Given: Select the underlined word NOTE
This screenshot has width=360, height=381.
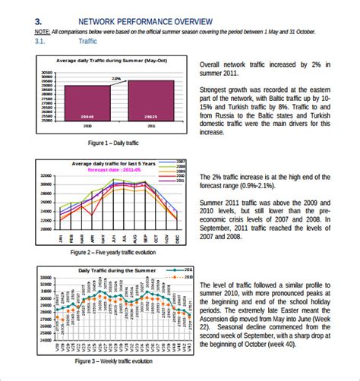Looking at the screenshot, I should click(x=42, y=32).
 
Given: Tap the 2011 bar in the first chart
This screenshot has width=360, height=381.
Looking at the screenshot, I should click(x=150, y=102).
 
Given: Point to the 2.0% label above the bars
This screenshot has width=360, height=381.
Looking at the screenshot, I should click(x=116, y=78).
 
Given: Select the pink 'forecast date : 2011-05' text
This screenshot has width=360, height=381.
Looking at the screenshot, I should click(x=114, y=171).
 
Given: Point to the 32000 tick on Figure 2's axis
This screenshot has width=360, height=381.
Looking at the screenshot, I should click(x=46, y=175).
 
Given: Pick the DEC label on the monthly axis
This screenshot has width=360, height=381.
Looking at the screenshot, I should click(x=177, y=238).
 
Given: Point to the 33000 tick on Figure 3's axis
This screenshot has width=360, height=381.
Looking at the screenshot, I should click(x=43, y=278).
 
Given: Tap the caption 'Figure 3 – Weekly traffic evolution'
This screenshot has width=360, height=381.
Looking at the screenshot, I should click(x=111, y=361).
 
